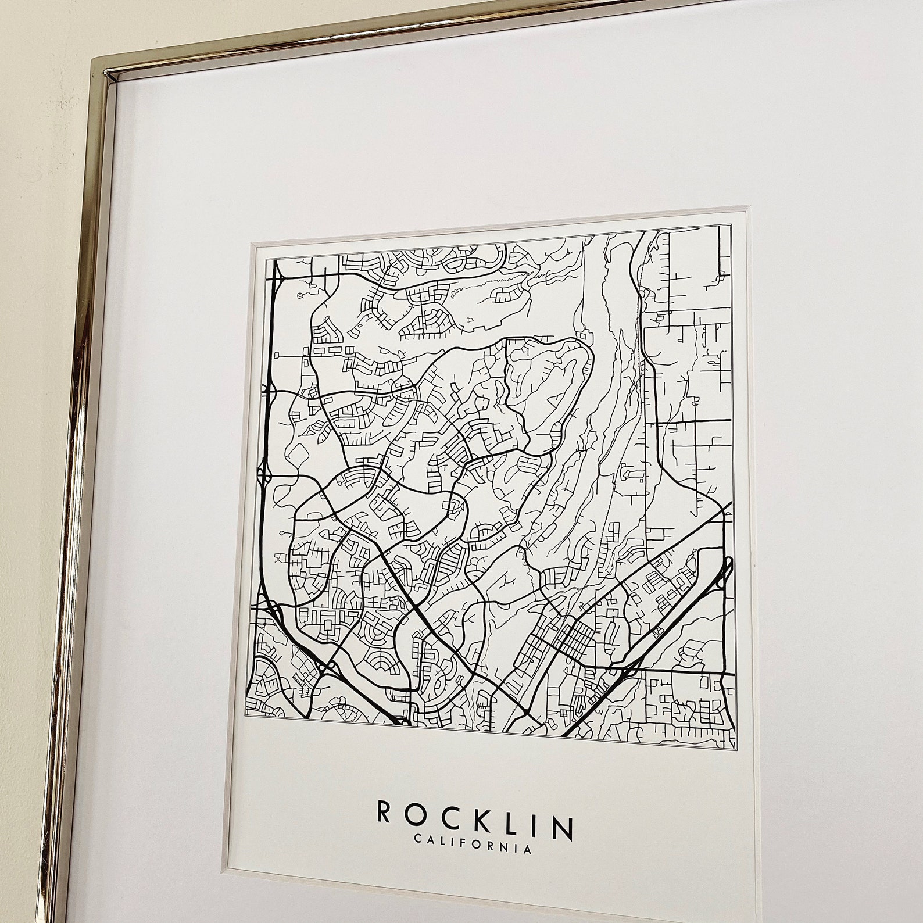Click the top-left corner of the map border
tap(267, 259)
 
